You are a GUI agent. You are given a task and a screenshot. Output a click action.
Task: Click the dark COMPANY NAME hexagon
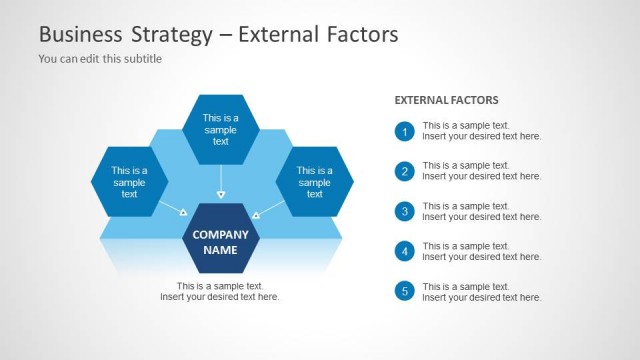(221, 241)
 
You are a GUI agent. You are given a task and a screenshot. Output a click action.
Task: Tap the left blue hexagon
(129, 181)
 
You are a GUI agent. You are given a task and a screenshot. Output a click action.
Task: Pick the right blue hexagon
(314, 181)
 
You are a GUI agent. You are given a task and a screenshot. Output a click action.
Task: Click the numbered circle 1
(404, 131)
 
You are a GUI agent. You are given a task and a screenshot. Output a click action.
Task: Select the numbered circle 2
(404, 171)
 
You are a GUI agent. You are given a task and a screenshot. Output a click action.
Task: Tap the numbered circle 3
(404, 211)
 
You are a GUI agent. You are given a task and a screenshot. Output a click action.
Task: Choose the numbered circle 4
(404, 251)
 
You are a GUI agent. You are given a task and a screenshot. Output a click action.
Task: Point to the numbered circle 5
(404, 291)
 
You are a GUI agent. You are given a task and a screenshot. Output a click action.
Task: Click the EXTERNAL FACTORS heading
(446, 100)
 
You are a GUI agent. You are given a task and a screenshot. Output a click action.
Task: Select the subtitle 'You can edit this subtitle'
(100, 58)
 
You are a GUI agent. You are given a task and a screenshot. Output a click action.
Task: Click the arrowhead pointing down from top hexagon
(221, 194)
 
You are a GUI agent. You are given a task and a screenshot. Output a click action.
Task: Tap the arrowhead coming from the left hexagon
(183, 212)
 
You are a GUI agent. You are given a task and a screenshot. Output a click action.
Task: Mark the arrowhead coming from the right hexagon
(256, 214)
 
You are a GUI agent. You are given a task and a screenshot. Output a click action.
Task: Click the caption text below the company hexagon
(220, 291)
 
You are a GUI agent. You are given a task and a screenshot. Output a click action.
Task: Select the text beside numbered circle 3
(481, 211)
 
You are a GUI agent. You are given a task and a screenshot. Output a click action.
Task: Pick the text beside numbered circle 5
(481, 291)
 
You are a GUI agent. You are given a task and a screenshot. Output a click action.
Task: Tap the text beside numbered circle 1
(481, 131)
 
